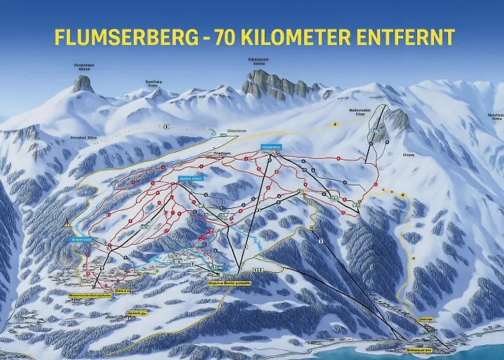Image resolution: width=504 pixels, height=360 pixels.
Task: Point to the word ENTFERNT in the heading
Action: [x=411, y=37]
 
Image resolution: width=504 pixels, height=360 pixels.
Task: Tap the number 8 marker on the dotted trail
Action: [x=166, y=127]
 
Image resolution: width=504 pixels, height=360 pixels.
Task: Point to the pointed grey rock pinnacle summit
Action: [x=84, y=84]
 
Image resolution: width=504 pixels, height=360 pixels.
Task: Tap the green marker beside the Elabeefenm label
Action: [x=213, y=131]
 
